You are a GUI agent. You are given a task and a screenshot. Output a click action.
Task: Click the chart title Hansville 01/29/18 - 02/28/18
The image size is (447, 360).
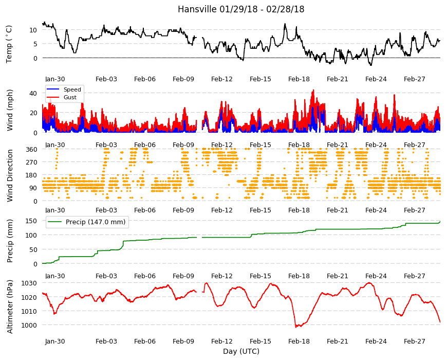pos(241,9)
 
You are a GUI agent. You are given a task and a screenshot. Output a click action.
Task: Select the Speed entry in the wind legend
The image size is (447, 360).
pos(72,89)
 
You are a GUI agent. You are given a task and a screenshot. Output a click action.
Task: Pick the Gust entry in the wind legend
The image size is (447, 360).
pos(70,97)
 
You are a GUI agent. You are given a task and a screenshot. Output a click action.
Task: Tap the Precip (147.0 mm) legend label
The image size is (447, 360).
pos(96,222)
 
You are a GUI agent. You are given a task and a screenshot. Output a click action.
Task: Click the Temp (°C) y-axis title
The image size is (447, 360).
pos(9,44)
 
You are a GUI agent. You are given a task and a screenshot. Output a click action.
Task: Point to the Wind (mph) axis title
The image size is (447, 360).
pos(10,111)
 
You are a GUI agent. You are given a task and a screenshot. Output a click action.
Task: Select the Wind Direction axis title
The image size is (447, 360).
pos(10,176)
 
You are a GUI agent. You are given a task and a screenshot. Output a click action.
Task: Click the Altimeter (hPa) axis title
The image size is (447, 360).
pos(10,307)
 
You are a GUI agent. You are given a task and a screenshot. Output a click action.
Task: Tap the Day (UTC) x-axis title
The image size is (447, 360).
pos(241,351)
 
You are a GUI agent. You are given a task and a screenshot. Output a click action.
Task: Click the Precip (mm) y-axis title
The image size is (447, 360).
pos(10,241)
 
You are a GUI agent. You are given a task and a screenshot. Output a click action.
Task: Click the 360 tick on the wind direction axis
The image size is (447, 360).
pos(31,150)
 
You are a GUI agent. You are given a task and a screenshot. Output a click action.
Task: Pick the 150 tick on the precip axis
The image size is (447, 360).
pos(31,221)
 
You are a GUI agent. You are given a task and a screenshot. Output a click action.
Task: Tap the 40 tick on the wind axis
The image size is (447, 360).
pos(33,93)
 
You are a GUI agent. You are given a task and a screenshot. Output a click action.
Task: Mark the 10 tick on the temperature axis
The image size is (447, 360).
pos(33,30)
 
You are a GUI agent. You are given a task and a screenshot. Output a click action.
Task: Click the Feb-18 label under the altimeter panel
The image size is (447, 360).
pos(299,341)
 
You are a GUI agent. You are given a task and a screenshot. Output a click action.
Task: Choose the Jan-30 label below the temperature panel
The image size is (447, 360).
pos(55,79)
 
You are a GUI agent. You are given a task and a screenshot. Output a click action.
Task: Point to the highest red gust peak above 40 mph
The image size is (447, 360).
pos(313,90)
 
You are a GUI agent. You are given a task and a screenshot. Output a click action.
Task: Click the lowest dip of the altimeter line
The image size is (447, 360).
pos(296,327)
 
